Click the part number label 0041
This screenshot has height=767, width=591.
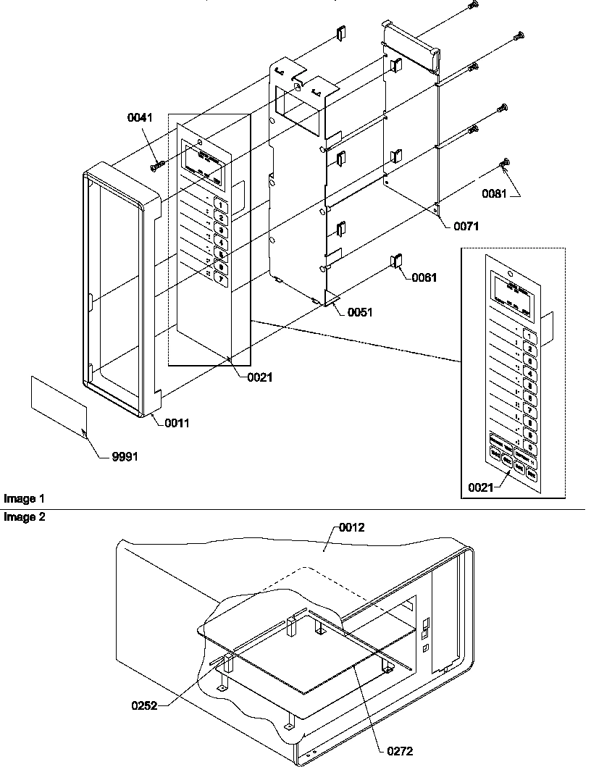tap(141, 117)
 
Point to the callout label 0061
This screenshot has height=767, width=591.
tap(427, 277)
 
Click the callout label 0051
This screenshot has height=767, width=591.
tap(361, 313)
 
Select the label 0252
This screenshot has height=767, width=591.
tap(143, 704)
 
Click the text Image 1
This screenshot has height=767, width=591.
tap(24, 499)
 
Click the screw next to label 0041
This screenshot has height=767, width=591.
tap(158, 167)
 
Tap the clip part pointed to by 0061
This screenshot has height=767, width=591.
tap(398, 260)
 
